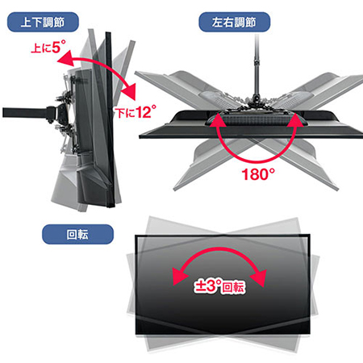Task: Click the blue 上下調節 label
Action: [43, 22]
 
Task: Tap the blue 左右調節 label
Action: [234, 22]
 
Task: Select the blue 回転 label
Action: [77, 234]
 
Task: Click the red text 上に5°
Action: [48, 47]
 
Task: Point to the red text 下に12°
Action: [136, 112]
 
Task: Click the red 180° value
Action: [258, 174]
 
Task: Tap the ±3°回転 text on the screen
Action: [219, 286]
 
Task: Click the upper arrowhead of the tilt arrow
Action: [65, 59]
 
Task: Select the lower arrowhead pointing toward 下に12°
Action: [128, 91]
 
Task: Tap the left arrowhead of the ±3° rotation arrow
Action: [179, 276]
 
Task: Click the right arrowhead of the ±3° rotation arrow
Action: [259, 277]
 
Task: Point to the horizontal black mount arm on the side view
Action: [26, 112]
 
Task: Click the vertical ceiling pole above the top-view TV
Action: [257, 64]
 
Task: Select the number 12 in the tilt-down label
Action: [144, 112]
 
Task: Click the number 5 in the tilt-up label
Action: [56, 48]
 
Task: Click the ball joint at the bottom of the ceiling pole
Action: [257, 102]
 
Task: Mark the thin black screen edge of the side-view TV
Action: [110, 119]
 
